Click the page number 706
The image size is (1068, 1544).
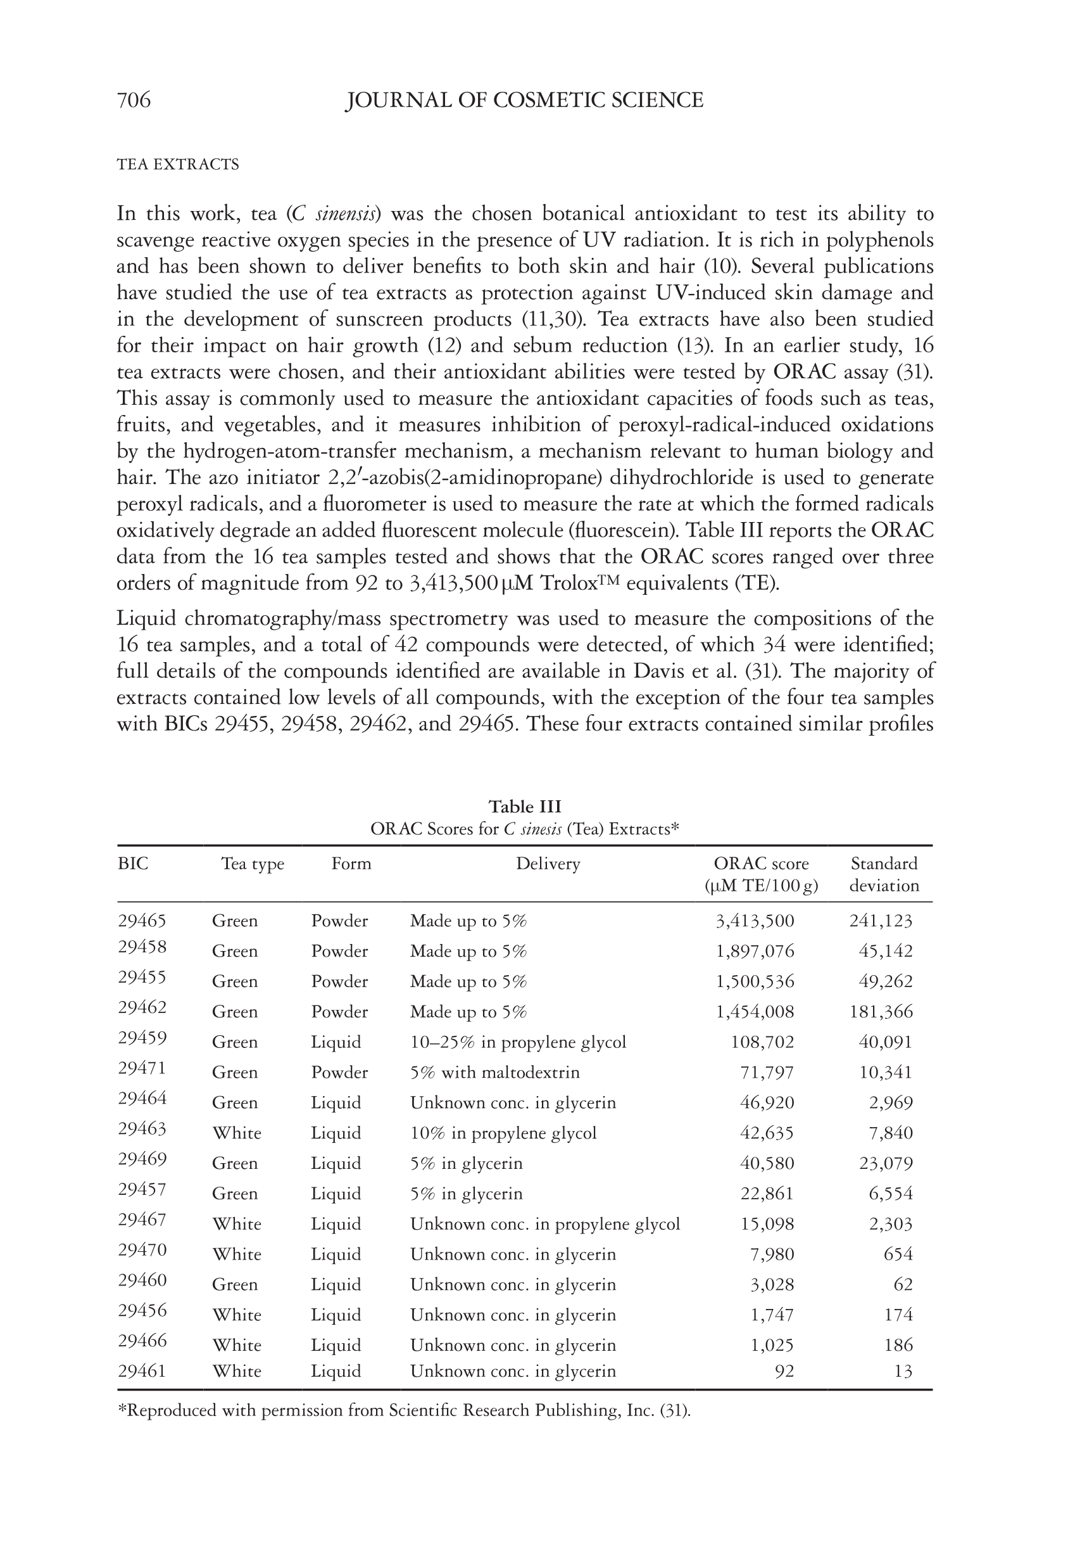click(134, 101)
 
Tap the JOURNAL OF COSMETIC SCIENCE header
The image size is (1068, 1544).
click(524, 101)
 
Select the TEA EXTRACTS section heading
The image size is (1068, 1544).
click(177, 165)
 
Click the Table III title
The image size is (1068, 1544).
click(525, 806)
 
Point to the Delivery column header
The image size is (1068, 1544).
click(548, 864)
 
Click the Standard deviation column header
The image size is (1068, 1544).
click(884, 874)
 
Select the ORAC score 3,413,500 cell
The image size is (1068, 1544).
click(755, 921)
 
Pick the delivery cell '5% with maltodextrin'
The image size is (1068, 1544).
click(494, 1073)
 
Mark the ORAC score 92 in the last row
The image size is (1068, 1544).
click(784, 1371)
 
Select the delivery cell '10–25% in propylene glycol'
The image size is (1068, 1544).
click(518, 1042)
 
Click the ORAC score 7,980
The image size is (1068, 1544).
click(772, 1254)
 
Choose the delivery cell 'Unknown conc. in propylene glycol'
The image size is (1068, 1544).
click(544, 1224)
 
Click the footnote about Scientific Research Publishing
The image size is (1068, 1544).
click(403, 1411)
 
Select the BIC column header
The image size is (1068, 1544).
click(132, 864)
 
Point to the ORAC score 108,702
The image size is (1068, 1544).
click(762, 1042)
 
